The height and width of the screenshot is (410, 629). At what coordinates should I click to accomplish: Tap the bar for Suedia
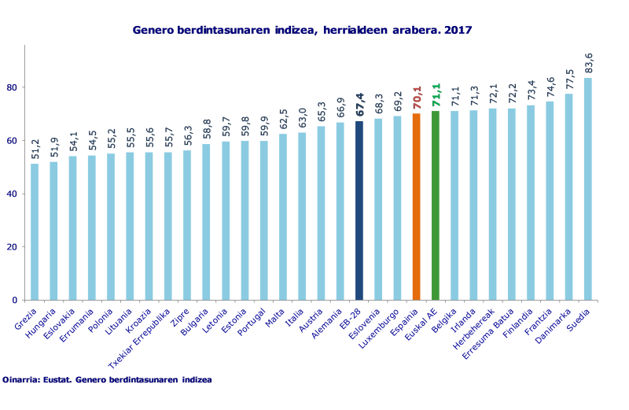click(x=587, y=189)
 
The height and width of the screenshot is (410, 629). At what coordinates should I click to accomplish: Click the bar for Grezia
click(x=35, y=231)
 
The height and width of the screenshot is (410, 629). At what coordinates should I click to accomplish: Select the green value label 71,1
click(x=436, y=96)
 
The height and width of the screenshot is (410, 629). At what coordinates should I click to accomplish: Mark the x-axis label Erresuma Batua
click(x=491, y=330)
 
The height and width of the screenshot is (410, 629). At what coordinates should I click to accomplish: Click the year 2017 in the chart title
click(x=458, y=30)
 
